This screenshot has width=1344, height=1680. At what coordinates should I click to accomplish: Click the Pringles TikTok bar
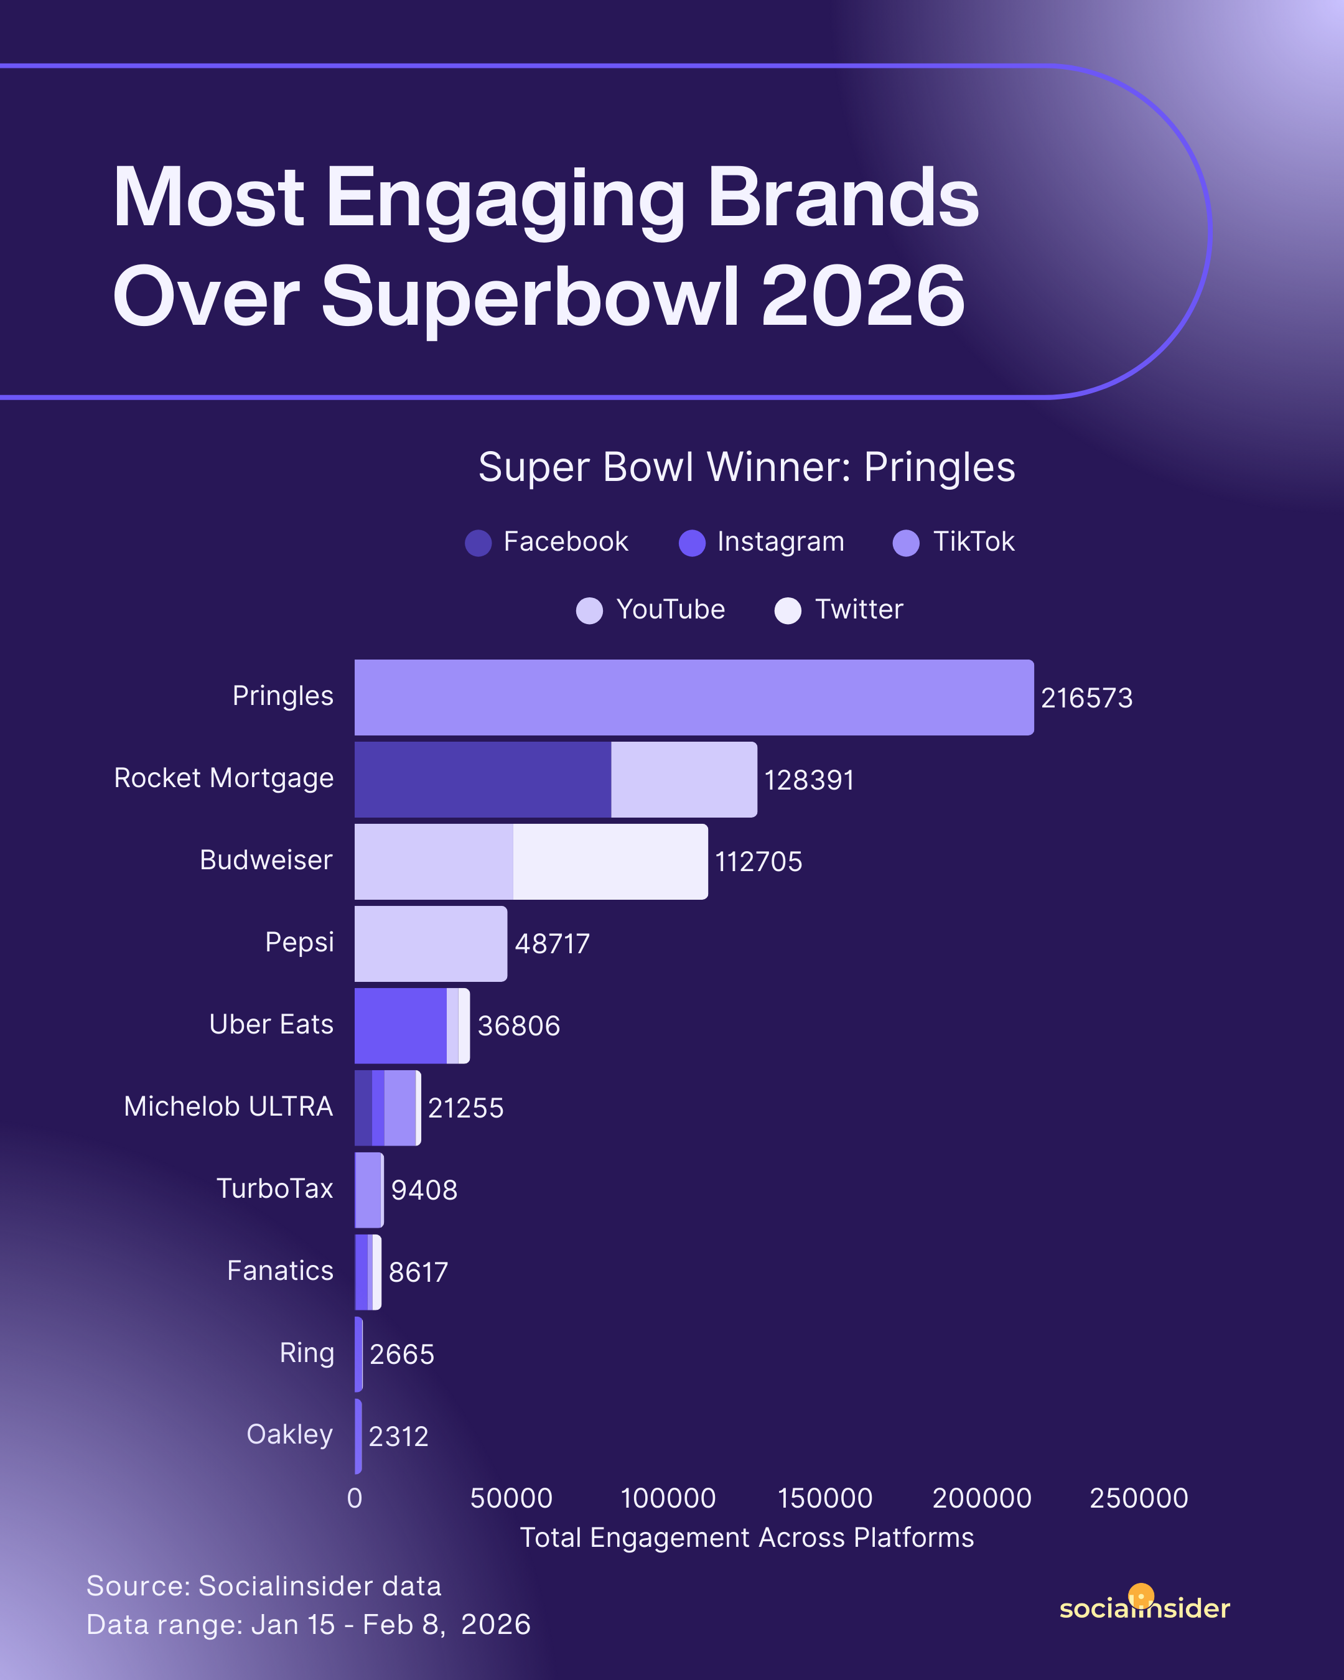(693, 698)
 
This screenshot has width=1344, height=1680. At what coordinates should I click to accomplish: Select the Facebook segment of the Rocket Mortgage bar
(482, 779)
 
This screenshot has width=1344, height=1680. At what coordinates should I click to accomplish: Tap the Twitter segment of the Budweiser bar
(610, 861)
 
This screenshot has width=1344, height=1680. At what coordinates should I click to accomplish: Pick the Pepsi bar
(430, 944)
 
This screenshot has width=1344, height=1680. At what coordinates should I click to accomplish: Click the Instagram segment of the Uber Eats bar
(401, 1025)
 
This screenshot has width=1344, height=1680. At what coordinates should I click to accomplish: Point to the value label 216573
(1086, 698)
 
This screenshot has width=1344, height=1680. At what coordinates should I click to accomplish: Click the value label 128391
(809, 780)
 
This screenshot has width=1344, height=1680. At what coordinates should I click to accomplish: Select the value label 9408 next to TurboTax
(424, 1190)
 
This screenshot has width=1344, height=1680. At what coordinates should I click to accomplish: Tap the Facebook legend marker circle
(478, 543)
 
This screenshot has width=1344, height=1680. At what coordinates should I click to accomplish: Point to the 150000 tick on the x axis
(825, 1498)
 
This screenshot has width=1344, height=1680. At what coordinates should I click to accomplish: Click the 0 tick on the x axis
(355, 1498)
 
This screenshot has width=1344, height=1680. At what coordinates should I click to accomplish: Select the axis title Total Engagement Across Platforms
(747, 1538)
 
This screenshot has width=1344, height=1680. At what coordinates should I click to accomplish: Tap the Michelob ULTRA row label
(228, 1106)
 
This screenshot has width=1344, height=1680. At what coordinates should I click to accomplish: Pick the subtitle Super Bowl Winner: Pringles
(747, 467)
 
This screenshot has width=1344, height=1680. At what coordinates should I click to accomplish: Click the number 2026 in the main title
(862, 297)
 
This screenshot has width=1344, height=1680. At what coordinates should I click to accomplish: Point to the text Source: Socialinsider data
(263, 1585)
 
